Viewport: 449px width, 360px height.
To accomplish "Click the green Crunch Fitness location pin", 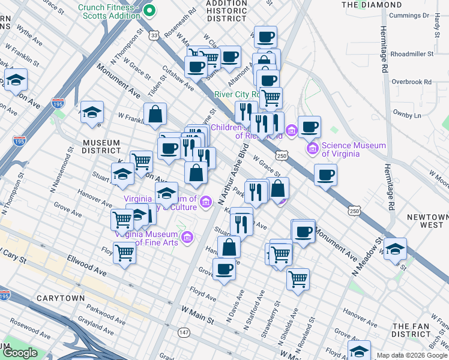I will point(149,10).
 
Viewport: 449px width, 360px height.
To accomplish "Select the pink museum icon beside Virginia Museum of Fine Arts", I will point(187,238).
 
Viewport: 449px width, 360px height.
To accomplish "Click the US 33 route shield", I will point(155,36).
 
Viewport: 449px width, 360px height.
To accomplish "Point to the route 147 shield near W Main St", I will point(182,331).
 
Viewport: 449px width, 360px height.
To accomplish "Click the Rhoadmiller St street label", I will point(412,54).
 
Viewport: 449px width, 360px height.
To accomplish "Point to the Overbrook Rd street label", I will point(411,82).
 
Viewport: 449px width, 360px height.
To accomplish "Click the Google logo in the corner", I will point(20,353).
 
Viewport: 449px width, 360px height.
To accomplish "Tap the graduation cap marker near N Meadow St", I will point(395,249).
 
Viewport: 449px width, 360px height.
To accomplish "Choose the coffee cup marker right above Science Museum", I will point(309,127).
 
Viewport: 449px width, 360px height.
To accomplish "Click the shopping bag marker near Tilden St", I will point(155,113).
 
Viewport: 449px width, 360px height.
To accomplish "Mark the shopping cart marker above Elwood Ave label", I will point(124,252).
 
